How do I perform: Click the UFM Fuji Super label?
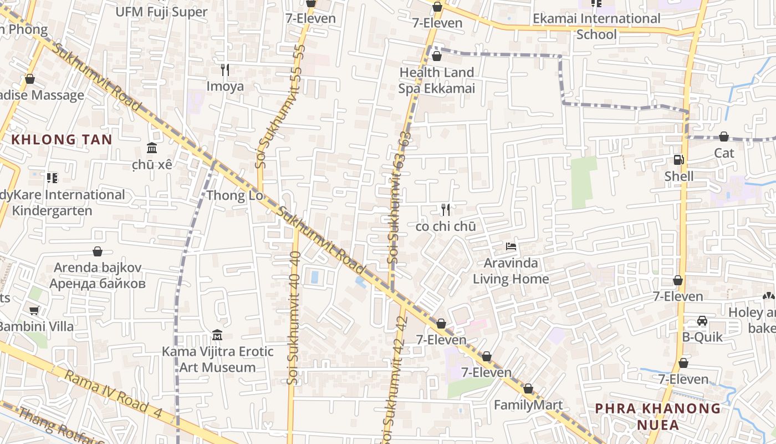coord(161,12)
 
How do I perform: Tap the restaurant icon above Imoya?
coord(225,70)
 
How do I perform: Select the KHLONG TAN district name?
coord(62,140)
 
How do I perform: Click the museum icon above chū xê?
coord(152,148)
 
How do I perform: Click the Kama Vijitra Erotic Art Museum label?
coord(217,359)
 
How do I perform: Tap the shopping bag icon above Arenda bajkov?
coord(98,251)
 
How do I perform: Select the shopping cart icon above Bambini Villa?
coord(34,310)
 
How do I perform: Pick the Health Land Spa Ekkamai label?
coord(437,80)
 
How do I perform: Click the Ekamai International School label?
coord(596,26)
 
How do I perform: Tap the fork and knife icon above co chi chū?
coord(446,210)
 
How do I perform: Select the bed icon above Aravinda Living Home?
coord(511,246)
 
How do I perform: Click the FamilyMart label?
coord(528,405)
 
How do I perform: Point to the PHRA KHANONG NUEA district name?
coord(658,417)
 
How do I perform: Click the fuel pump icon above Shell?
coord(678,160)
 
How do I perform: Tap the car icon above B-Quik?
coord(702,321)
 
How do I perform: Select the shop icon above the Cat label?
coord(724,137)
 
